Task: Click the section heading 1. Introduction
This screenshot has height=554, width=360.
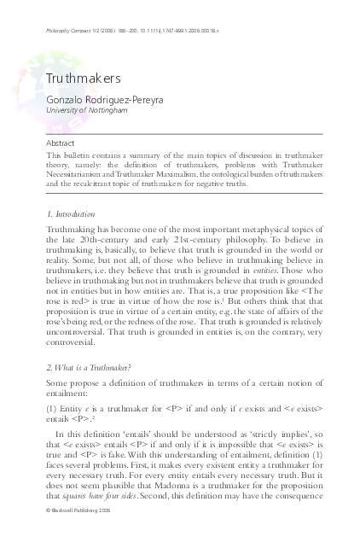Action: [70, 213]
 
